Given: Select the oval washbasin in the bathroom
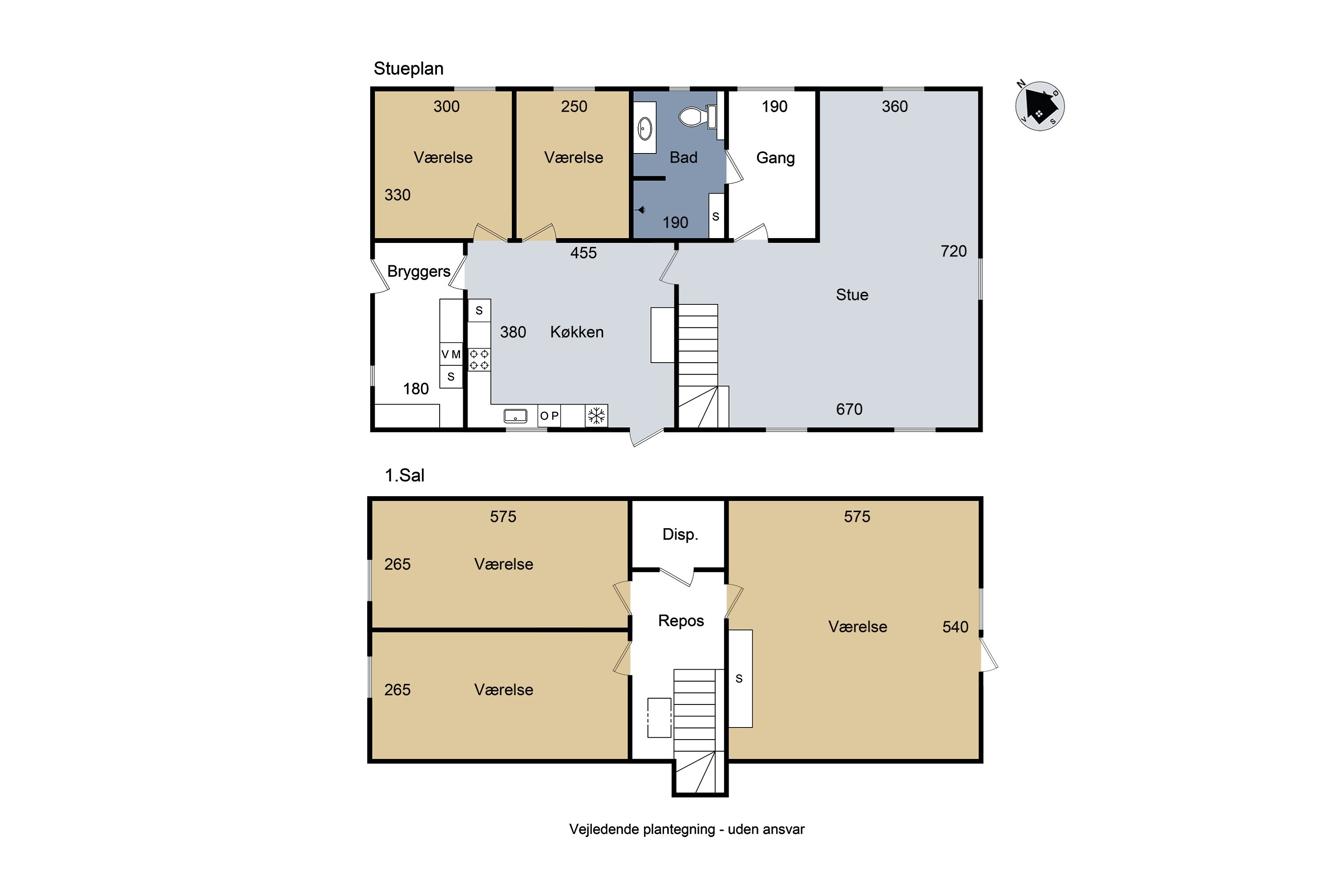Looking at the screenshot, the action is pos(645,128).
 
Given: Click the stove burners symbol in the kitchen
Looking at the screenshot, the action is pos(479,359).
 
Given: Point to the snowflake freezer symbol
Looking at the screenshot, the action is pos(596,416).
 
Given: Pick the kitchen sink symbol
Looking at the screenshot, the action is pos(515,416).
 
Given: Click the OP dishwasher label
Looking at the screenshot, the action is pos(549,416).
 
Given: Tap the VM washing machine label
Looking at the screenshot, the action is pos(451,354).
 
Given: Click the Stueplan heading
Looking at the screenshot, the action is pos(408,69).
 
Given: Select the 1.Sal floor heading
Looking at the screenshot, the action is pos(404,475).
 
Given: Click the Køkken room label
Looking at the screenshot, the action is pos(577,332).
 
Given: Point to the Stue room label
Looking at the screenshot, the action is pos(852,295).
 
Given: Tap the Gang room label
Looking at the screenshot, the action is pos(775,158).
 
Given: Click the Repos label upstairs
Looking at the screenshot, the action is pos(680,621).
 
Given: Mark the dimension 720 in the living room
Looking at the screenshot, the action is pos(954,251).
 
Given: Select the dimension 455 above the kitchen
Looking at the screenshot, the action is pos(583,253).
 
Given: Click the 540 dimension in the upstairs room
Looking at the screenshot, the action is pos(955,627).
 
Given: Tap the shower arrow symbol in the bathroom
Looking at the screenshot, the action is pos(640,210).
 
